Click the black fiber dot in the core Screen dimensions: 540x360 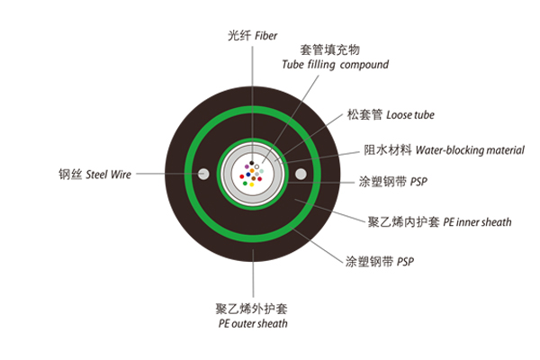point(252,163)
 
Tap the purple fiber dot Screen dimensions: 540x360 point(247,166)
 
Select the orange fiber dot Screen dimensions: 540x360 point(252,170)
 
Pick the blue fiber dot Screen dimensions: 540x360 point(248,175)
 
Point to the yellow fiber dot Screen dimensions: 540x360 point(252,184)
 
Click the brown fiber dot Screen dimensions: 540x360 point(254,178)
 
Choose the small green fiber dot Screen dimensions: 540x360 point(245,184)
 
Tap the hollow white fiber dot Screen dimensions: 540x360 point(256,166)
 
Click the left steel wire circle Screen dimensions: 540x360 point(203,174)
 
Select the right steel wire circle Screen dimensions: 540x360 point(301,174)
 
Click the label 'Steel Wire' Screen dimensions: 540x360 point(108,175)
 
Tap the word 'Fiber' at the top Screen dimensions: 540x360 point(265,35)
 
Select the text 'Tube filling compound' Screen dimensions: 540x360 point(335,65)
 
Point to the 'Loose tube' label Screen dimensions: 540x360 point(410,114)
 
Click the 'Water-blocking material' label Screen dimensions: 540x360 point(470,150)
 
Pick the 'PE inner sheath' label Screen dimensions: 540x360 point(477,222)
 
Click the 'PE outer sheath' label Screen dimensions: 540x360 point(253,323)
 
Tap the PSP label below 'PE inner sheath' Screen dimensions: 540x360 point(405,262)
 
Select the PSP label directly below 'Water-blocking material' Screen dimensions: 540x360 point(418,182)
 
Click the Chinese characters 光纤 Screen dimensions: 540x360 point(239,35)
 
